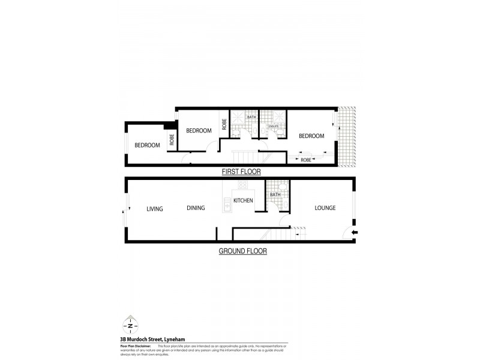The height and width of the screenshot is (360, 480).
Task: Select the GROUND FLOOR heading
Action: pos(242,251)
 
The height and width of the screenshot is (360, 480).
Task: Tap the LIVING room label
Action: pos(155,209)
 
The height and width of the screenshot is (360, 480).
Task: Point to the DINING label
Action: pos(195,208)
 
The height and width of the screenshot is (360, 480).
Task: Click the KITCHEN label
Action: pos(242,200)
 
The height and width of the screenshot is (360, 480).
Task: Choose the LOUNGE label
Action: pos(325,208)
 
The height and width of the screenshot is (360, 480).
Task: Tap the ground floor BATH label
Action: pos(275,195)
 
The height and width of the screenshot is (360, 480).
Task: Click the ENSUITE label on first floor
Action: pos(273,126)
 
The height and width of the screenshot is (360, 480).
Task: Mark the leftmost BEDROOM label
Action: pos(146,145)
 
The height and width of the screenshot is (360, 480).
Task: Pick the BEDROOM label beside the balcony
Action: pos(312,136)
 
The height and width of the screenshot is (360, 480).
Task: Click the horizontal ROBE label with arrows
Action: pos(305,160)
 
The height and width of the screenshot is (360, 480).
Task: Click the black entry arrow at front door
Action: pos(355,233)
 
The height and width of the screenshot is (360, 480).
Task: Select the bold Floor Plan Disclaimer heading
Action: pos(135,345)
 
